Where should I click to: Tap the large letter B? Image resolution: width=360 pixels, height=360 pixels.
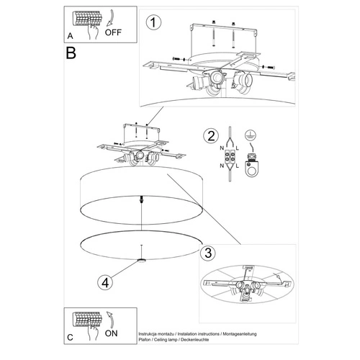[71, 53]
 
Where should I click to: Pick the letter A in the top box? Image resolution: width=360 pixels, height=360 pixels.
[68, 34]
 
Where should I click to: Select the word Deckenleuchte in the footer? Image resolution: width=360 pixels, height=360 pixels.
[228, 341]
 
